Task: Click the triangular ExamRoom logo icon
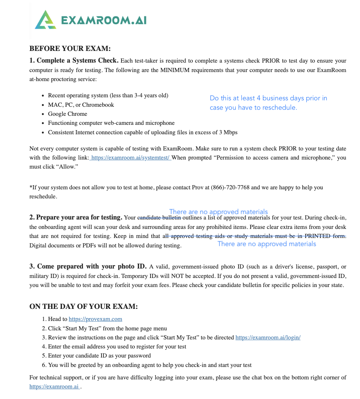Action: tap(45, 20)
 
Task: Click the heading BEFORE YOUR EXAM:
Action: tap(70, 49)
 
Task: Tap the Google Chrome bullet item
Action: tap(68, 114)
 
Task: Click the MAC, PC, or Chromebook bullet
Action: tap(81, 105)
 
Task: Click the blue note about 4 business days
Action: tap(268, 103)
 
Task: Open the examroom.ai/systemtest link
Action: tap(131, 158)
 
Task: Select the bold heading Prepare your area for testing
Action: tap(76, 218)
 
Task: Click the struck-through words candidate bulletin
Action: tap(160, 218)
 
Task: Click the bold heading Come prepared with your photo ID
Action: tap(88, 267)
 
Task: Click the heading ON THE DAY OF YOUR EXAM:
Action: tap(83, 307)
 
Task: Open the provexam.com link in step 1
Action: tap(95, 319)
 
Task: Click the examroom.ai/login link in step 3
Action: tap(268, 338)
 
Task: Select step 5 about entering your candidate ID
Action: tap(99, 356)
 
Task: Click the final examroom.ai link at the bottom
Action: tap(54, 387)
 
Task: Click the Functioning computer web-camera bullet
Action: tap(111, 123)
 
